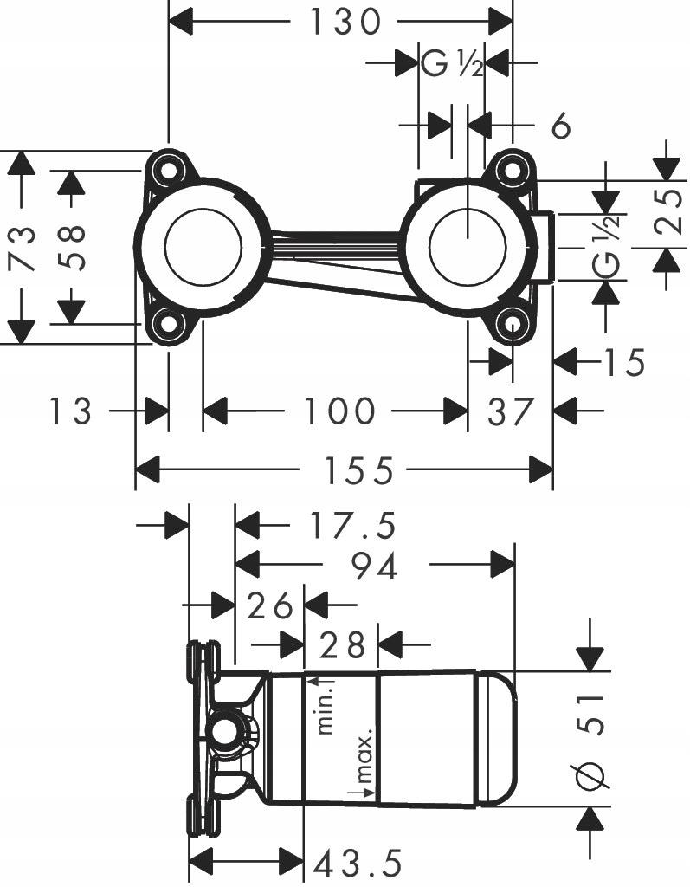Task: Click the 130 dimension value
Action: point(345,21)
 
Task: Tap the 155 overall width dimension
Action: point(358,471)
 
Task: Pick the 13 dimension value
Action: point(70,411)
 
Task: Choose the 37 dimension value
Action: point(508,411)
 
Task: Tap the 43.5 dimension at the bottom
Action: point(358,863)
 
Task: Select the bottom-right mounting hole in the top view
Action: point(513,326)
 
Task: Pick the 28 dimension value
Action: point(343,644)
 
